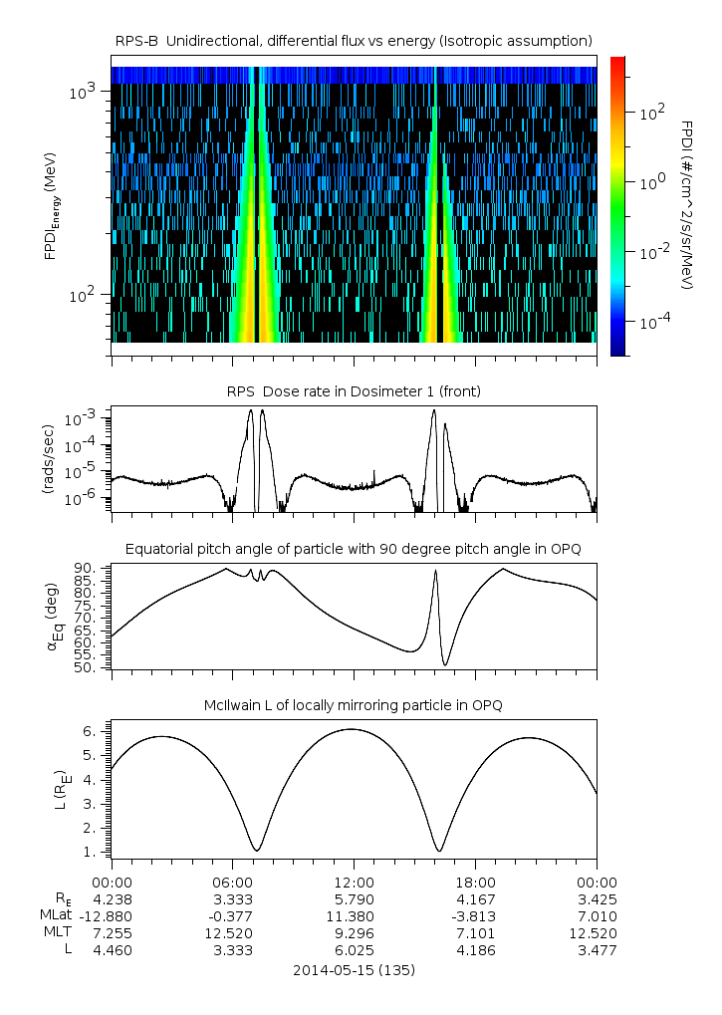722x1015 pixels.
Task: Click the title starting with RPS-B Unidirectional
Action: [x=353, y=40]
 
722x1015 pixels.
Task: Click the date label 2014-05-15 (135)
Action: [x=354, y=969]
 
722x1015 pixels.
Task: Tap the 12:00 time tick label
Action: [x=354, y=882]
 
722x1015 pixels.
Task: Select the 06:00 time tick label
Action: [x=232, y=882]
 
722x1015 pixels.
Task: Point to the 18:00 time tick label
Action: [x=475, y=882]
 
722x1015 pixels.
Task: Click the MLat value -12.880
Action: [x=112, y=915]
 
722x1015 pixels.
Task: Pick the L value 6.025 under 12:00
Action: [x=354, y=950]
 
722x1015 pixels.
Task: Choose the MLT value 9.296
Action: [x=354, y=933]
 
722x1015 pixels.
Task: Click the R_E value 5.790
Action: [x=354, y=898]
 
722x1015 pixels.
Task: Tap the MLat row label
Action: [x=56, y=915]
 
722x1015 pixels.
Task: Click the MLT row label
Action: [x=57, y=933]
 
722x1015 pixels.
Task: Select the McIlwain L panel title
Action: [x=353, y=705]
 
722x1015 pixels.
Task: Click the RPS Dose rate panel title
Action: [x=353, y=391]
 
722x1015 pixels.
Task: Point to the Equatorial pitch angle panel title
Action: [x=353, y=549]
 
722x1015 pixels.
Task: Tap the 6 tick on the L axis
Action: [x=90, y=731]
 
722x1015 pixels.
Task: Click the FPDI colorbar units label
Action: [x=687, y=204]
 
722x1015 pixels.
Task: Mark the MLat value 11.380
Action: [x=354, y=915]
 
